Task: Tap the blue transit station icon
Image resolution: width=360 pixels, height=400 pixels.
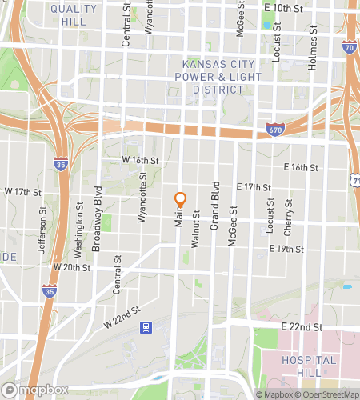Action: click(146, 326)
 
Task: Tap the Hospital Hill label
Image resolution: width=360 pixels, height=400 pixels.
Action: click(310, 366)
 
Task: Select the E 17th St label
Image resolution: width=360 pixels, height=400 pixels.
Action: click(254, 186)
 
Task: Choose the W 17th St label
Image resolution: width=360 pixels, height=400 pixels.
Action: click(22, 192)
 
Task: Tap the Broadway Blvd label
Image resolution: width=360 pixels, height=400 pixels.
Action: click(97, 219)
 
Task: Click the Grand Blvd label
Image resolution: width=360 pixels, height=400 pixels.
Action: click(214, 211)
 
